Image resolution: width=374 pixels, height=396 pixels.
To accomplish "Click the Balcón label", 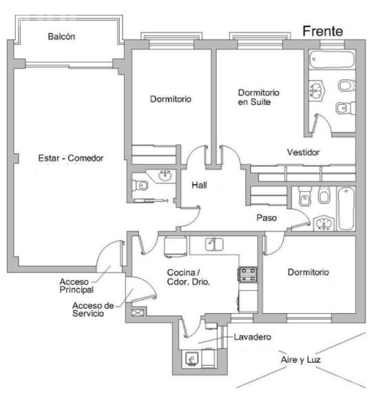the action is pos(61,37).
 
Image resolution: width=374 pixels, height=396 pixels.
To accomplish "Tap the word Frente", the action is pos(322,31).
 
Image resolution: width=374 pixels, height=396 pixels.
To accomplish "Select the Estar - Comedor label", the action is pos(71,158).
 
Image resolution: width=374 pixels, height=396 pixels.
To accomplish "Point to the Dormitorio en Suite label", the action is pos(258,97).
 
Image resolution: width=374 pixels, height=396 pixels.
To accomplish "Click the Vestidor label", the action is pos(303,152).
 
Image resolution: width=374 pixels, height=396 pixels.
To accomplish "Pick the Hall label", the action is pos(199,185).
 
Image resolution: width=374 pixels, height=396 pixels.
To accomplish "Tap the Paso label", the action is pos(267,218).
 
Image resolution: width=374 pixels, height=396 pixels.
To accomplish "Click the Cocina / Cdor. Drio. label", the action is pos(189,277).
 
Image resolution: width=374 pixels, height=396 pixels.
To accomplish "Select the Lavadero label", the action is pos(253,337).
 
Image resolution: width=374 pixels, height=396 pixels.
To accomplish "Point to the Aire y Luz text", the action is pos(300,359).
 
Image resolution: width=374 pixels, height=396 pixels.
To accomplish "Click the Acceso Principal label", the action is pos(76,286).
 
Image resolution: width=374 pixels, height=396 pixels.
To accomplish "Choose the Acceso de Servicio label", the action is pos(93,309).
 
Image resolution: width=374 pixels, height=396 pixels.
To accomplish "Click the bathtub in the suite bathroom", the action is pos(331,59).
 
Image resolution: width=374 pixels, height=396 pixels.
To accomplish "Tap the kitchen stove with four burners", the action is pos(248,275).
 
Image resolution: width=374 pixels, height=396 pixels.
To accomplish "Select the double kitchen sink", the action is pos(214,244).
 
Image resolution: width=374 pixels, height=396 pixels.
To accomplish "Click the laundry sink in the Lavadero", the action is pos(191,359).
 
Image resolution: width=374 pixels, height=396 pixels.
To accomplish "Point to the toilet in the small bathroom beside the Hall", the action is pos(141,186).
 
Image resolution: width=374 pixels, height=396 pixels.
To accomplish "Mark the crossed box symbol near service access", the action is pos(138,313).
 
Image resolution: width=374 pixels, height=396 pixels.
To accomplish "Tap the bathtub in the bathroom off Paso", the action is pos(346,208).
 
